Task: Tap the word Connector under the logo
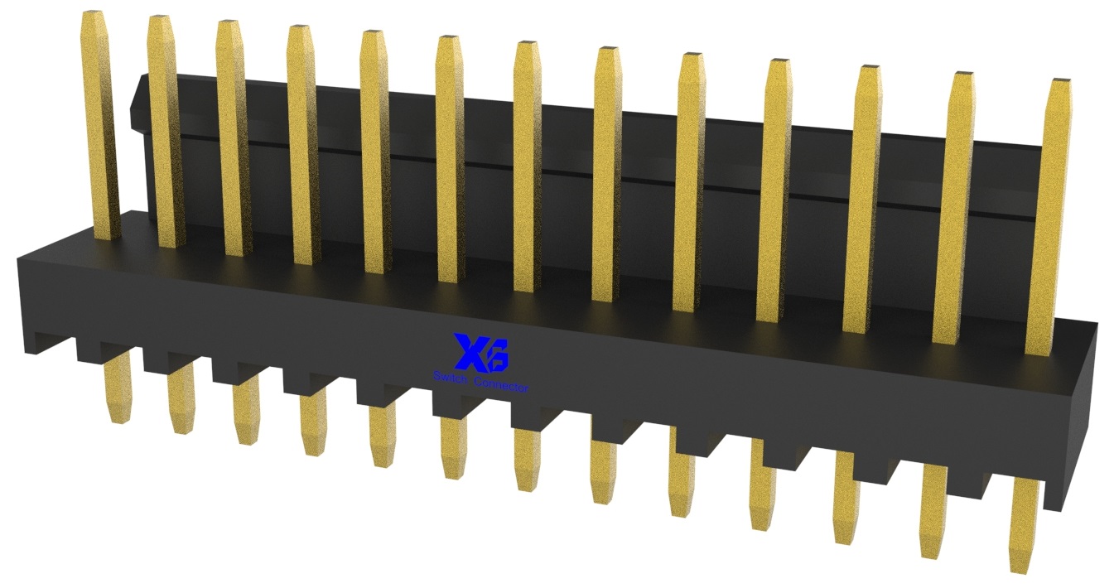[499, 385]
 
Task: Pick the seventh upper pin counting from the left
[527, 166]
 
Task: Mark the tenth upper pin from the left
[774, 190]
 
